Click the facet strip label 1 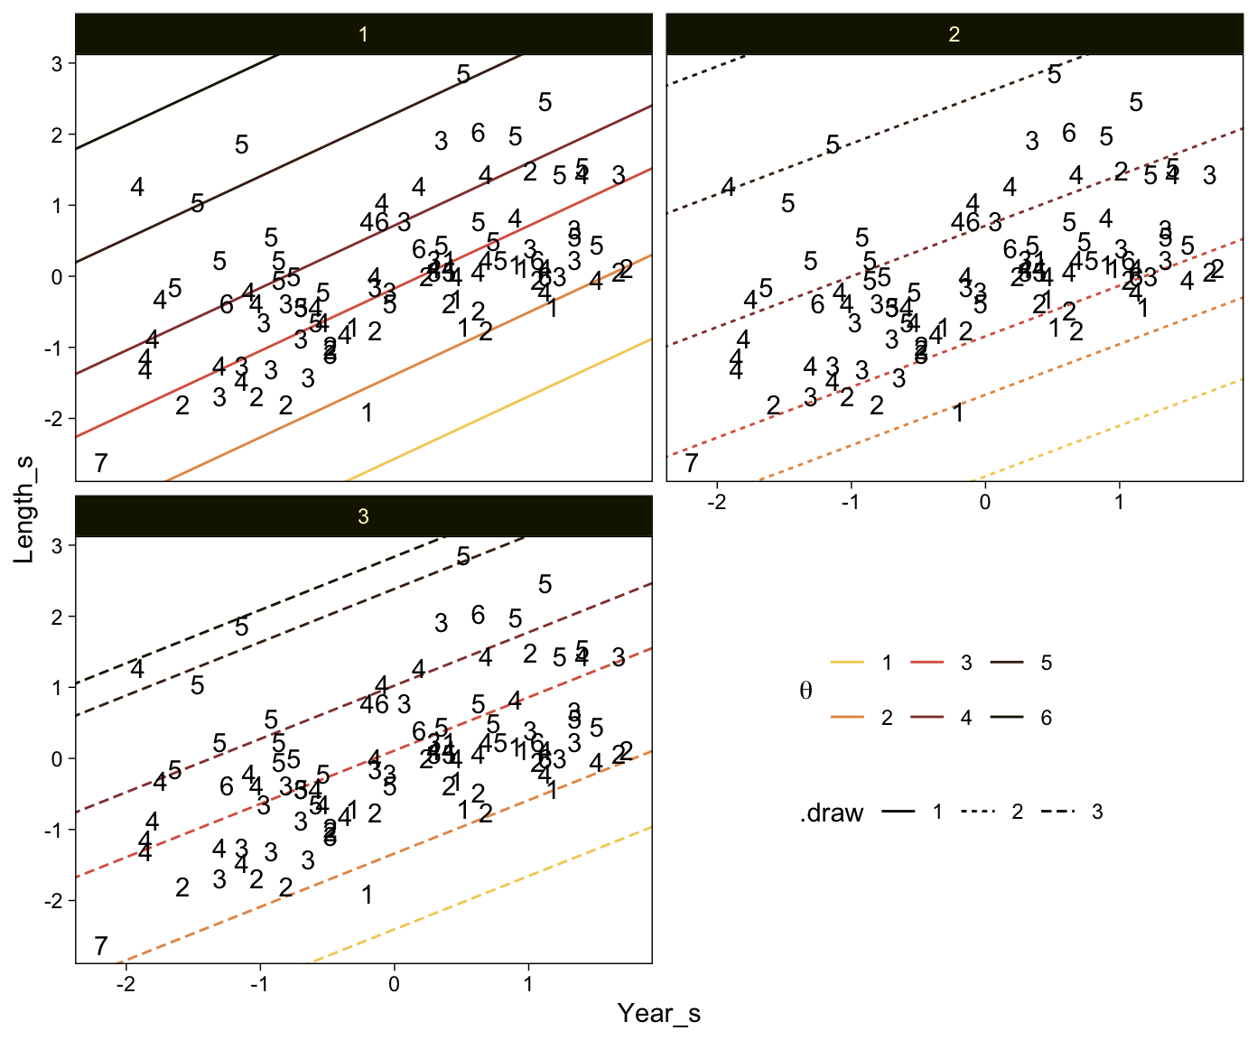point(363,35)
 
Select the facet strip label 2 point(954,35)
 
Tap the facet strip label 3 point(363,516)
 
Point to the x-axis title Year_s point(658,1014)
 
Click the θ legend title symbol point(805,692)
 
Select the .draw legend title point(831,813)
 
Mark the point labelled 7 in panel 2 point(692,464)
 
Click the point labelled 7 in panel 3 point(101,946)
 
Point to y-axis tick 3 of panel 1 point(56,64)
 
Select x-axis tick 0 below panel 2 point(985,501)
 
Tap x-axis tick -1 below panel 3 point(258,983)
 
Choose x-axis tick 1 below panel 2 point(1120,501)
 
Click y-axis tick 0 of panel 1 point(56,277)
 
